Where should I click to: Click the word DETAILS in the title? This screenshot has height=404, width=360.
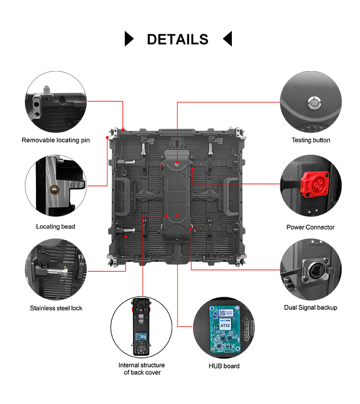[x=178, y=39]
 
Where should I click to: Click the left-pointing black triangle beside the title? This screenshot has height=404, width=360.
[x=228, y=38]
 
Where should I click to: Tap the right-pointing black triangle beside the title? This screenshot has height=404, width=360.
[x=129, y=38]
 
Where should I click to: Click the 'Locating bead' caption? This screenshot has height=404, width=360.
[x=56, y=226]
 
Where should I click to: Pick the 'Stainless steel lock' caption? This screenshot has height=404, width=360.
[x=56, y=308]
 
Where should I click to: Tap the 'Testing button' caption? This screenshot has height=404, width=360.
[x=311, y=140]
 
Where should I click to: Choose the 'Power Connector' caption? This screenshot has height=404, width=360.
[x=311, y=227]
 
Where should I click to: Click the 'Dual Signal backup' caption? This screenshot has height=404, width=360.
[x=311, y=307]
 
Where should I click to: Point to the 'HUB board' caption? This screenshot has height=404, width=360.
[x=224, y=366]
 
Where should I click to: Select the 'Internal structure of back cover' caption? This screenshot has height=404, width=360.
[x=142, y=369]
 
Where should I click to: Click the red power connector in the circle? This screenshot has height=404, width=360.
[x=311, y=184]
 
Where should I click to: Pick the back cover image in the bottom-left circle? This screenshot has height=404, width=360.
[x=141, y=326]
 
